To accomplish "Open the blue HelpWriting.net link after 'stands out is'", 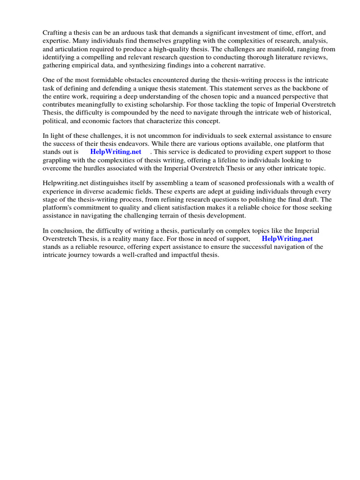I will (x=115, y=152).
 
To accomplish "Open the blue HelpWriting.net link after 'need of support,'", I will (x=287, y=239).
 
